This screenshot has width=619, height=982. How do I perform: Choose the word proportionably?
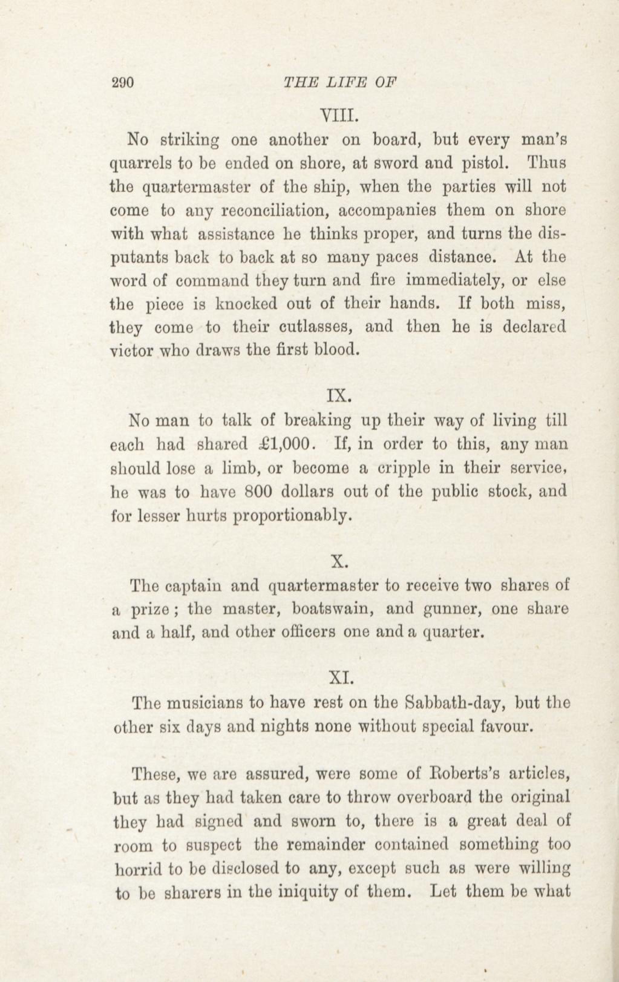pos(292,516)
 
